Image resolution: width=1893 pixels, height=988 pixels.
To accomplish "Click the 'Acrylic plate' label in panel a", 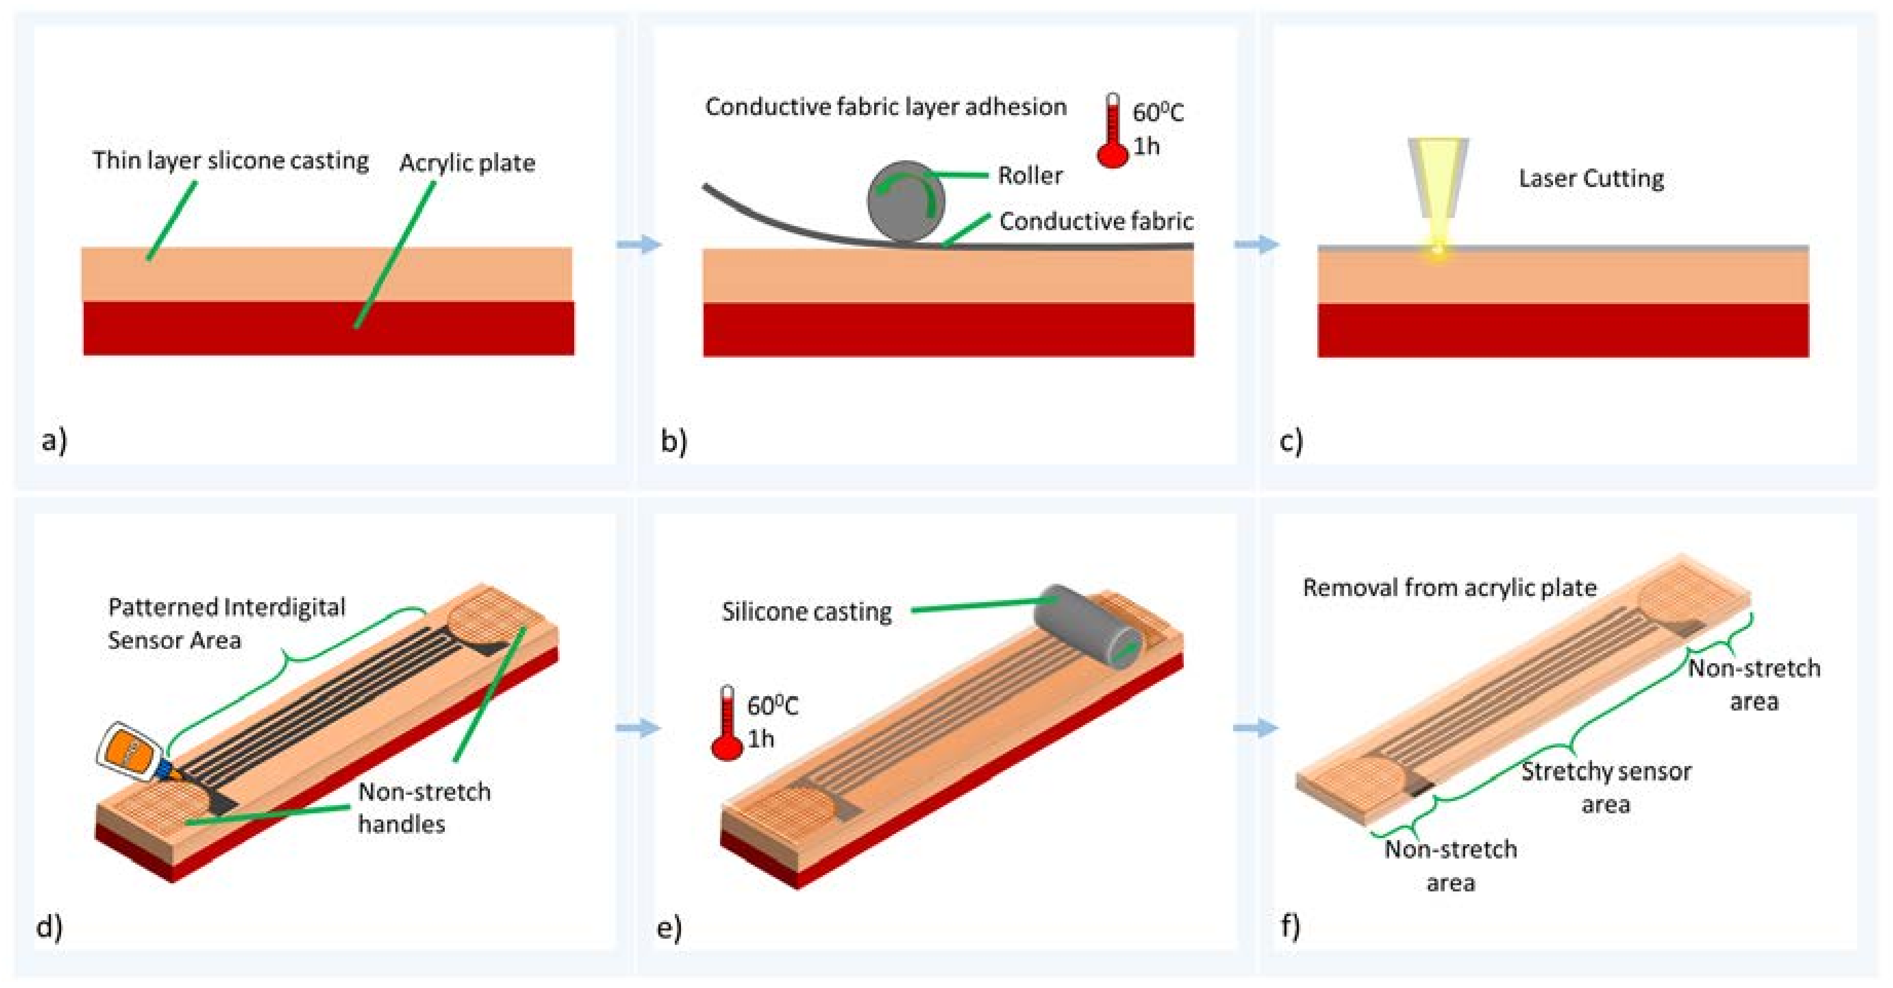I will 467,163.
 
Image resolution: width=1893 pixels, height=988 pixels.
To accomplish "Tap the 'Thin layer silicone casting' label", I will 230,160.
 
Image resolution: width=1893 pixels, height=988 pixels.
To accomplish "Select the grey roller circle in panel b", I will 905,201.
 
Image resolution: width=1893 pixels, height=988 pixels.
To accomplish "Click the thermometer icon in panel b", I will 1112,133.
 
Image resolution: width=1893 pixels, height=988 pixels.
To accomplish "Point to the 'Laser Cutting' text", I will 1591,179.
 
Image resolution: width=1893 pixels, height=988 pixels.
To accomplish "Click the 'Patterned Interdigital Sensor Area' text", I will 226,623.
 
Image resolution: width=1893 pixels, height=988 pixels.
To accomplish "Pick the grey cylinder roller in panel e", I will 1089,626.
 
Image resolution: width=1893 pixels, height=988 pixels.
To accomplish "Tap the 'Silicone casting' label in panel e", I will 806,611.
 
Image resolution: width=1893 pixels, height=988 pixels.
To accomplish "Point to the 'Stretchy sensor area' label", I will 1606,787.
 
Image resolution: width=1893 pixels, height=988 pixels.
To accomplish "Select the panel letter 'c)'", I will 1291,440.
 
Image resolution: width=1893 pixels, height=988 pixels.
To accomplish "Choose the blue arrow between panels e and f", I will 1256,729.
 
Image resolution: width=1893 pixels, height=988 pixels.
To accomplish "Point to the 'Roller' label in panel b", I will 1030,176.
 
